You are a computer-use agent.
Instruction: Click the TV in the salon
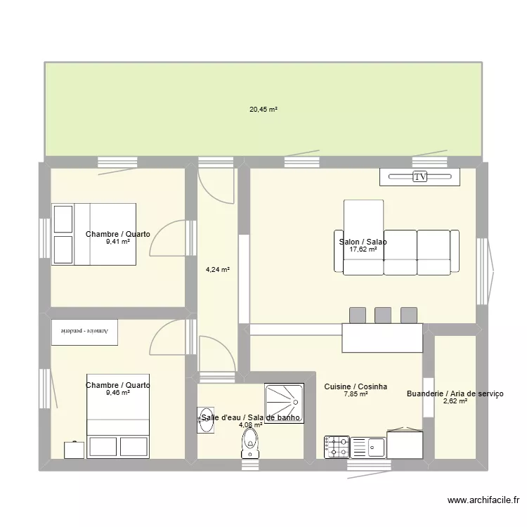419,177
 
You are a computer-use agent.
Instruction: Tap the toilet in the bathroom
250,443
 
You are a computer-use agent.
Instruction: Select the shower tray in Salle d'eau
284,403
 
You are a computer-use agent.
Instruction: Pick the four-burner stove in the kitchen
337,446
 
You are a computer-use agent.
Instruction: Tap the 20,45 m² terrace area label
263,110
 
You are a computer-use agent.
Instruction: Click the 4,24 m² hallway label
218,268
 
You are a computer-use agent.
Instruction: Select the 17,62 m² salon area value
363,249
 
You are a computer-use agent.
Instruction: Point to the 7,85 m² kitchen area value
356,394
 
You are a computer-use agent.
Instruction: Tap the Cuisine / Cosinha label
356,386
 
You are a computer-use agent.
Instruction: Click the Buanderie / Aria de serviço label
455,393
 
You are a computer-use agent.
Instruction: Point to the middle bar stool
383,315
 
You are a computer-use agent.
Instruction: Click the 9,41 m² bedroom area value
118,242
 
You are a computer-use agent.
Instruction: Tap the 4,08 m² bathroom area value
251,424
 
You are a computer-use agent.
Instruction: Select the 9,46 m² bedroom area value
118,393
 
